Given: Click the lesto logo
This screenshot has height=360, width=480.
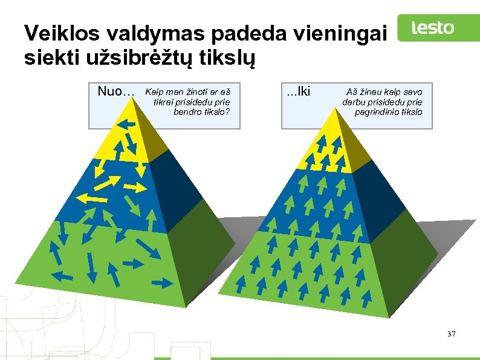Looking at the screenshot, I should coord(432,28).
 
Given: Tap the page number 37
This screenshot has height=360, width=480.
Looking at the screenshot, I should coord(451,334).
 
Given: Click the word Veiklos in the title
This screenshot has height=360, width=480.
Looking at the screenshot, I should coord(53,34).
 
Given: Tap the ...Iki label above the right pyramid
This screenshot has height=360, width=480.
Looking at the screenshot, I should coord(298,92).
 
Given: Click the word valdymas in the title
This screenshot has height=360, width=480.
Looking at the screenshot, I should coord(132,34).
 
